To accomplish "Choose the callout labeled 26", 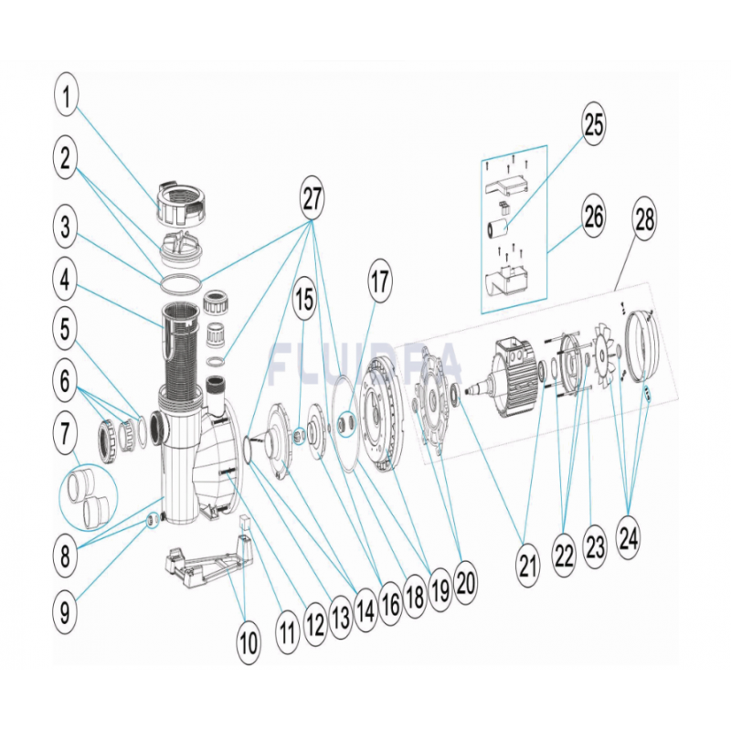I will [595, 217].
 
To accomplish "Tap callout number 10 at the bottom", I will [249, 643].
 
